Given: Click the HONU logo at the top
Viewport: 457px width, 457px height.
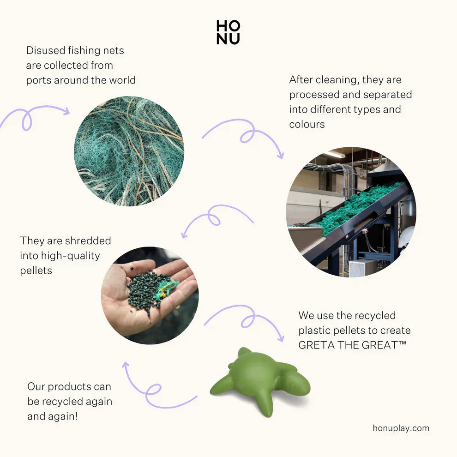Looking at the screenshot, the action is pyautogui.click(x=228, y=32).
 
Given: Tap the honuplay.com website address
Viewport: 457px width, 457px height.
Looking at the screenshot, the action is pyautogui.click(x=401, y=428).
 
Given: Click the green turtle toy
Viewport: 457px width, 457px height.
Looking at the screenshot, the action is pyautogui.click(x=260, y=380).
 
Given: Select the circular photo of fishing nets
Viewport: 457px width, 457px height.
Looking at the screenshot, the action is pyautogui.click(x=129, y=151).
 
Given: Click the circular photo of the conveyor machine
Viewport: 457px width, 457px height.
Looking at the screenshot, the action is pyautogui.click(x=351, y=212).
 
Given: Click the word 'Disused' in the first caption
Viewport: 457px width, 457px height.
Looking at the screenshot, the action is pyautogui.click(x=45, y=50).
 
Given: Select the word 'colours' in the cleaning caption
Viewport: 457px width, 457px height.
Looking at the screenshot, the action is pyautogui.click(x=307, y=125).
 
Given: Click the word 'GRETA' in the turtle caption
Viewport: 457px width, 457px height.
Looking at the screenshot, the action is pyautogui.click(x=317, y=345).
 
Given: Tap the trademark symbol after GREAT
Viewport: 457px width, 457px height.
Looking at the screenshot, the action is pyautogui.click(x=402, y=343).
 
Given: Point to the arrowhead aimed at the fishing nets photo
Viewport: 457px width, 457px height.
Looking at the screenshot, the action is pyautogui.click(x=67, y=111).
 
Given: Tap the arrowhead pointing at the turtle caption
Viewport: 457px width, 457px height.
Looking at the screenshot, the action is pyautogui.click(x=281, y=338).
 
